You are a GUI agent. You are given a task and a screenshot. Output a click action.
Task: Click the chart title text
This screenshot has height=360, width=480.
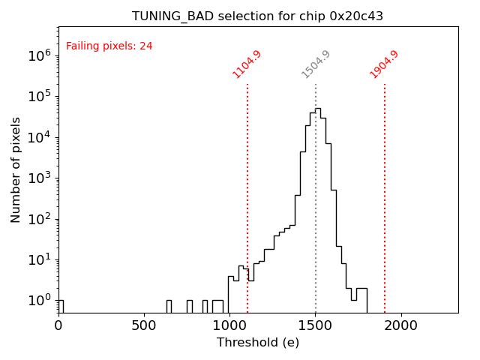(x=257, y=16)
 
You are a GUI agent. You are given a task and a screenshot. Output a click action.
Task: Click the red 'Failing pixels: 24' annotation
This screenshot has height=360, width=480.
(x=109, y=46)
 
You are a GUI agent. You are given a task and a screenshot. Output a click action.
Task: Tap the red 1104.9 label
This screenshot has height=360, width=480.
(x=247, y=64)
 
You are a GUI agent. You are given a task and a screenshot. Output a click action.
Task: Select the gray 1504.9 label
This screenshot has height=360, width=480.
(x=316, y=64)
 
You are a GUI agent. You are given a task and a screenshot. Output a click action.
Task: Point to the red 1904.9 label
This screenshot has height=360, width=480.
(x=384, y=64)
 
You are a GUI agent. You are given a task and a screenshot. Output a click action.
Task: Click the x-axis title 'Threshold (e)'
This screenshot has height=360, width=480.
(x=258, y=343)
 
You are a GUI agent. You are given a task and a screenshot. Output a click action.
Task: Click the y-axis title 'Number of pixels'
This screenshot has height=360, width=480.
(x=16, y=169)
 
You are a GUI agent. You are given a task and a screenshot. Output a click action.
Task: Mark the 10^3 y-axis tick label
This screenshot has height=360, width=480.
(x=39, y=178)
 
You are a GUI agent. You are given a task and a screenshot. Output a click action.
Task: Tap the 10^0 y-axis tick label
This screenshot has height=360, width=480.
(x=39, y=301)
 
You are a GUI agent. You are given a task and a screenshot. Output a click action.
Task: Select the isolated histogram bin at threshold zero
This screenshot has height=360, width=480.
(x=60, y=306)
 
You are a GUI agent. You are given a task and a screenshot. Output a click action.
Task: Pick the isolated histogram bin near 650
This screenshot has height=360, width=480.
(x=169, y=306)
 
